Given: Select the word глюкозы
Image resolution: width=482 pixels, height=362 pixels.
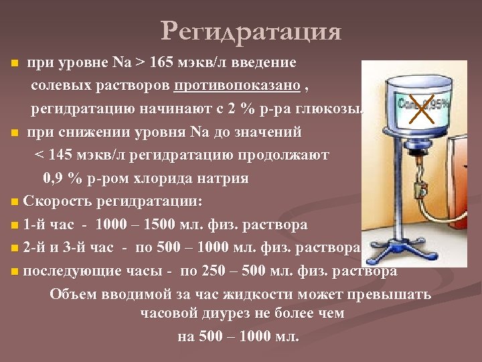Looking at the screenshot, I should point(337,109).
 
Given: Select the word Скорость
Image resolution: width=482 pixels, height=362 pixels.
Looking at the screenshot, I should point(57,201).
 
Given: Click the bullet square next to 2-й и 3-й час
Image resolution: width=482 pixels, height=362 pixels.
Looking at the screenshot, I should point(15,249).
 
